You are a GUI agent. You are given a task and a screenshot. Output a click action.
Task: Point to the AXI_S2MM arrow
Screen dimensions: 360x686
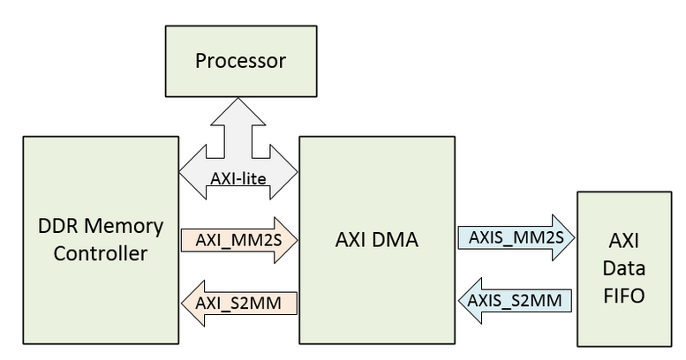coord(238,303)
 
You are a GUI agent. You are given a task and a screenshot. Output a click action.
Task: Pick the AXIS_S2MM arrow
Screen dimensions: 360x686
coord(516,300)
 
